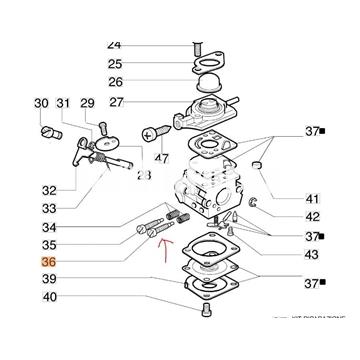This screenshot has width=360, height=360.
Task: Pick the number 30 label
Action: point(41,103)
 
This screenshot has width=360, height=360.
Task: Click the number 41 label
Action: point(285,197)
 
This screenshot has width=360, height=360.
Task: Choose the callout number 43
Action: point(285,255)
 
